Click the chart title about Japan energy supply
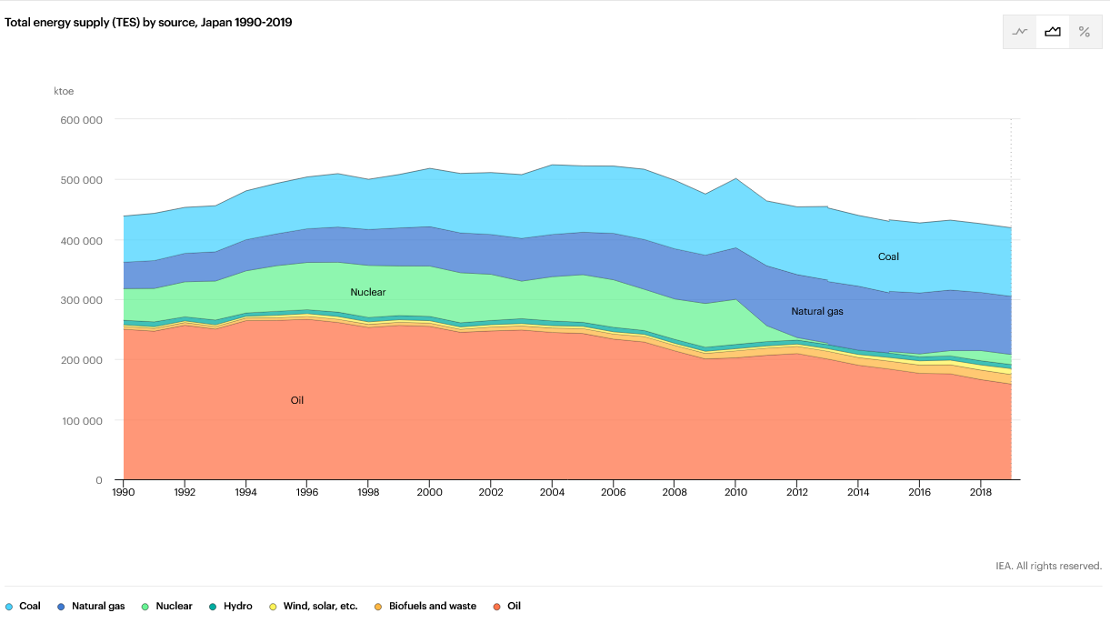[148, 22]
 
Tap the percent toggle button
[1084, 32]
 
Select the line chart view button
[1020, 32]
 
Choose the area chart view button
[1053, 32]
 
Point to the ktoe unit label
[64, 91]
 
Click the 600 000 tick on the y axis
[80, 120]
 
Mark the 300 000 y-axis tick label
[80, 300]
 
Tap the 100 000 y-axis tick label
[80, 420]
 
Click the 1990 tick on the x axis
[124, 492]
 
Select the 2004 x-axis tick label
[552, 492]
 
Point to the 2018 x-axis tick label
[980, 492]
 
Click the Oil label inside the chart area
[297, 400]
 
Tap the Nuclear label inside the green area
[368, 292]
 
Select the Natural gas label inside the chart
[817, 311]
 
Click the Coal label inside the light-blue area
[888, 256]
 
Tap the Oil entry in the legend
[514, 606]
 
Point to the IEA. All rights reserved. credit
[1048, 566]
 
